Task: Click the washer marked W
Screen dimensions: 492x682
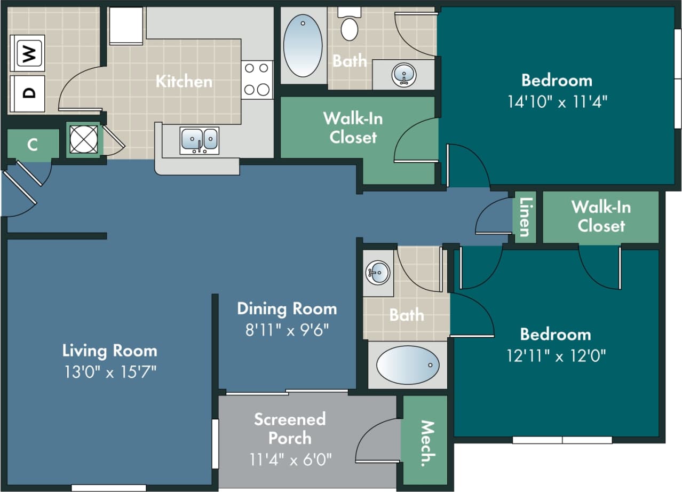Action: coord(27,53)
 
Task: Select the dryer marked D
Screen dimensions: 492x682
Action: coord(27,93)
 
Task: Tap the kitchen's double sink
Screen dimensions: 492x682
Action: coord(199,140)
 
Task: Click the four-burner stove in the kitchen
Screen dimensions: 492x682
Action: coord(257,80)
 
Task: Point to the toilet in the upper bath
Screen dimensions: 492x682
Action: coord(350,25)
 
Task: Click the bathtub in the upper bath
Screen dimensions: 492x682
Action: coord(303,45)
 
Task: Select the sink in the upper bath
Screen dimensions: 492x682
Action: coord(404,75)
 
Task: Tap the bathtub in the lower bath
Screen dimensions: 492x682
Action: coord(408,365)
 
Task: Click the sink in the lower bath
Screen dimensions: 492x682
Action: coord(378,273)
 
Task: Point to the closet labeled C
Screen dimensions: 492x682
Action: coord(33,144)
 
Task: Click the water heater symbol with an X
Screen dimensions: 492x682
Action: coord(84,140)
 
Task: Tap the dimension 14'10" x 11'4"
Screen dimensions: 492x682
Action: coord(557,101)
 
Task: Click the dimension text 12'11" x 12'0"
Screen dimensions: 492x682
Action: coord(556,355)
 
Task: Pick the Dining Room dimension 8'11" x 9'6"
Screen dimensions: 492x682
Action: coord(287,330)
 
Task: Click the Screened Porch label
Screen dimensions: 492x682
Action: coord(290,428)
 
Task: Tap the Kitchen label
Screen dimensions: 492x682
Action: coord(184,82)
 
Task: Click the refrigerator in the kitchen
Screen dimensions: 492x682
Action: coord(126,25)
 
